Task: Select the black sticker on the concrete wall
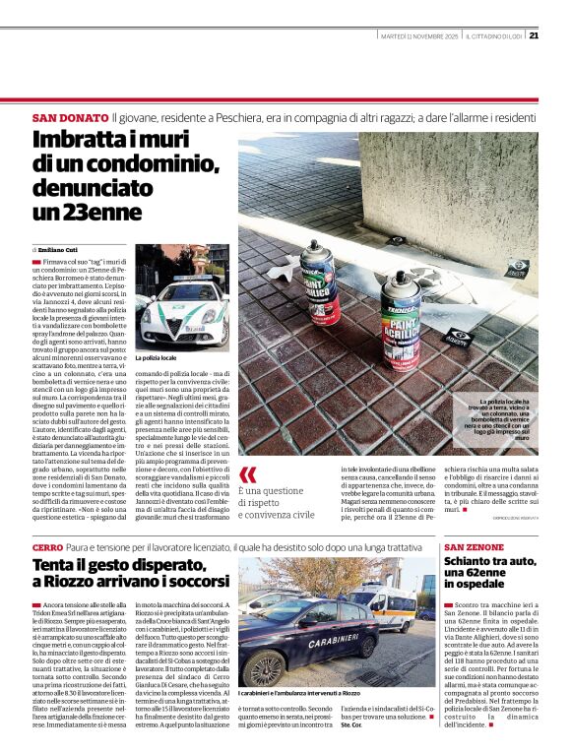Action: pos(516,267)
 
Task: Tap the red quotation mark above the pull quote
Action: pos(248,474)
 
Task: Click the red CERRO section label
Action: pos(46,546)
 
